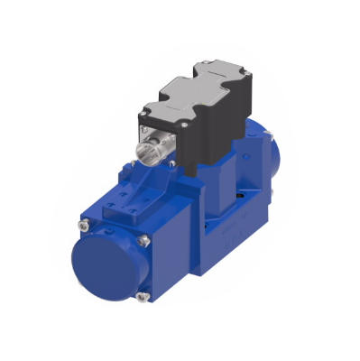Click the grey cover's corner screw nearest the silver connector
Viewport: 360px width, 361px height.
[x=143, y=116]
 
